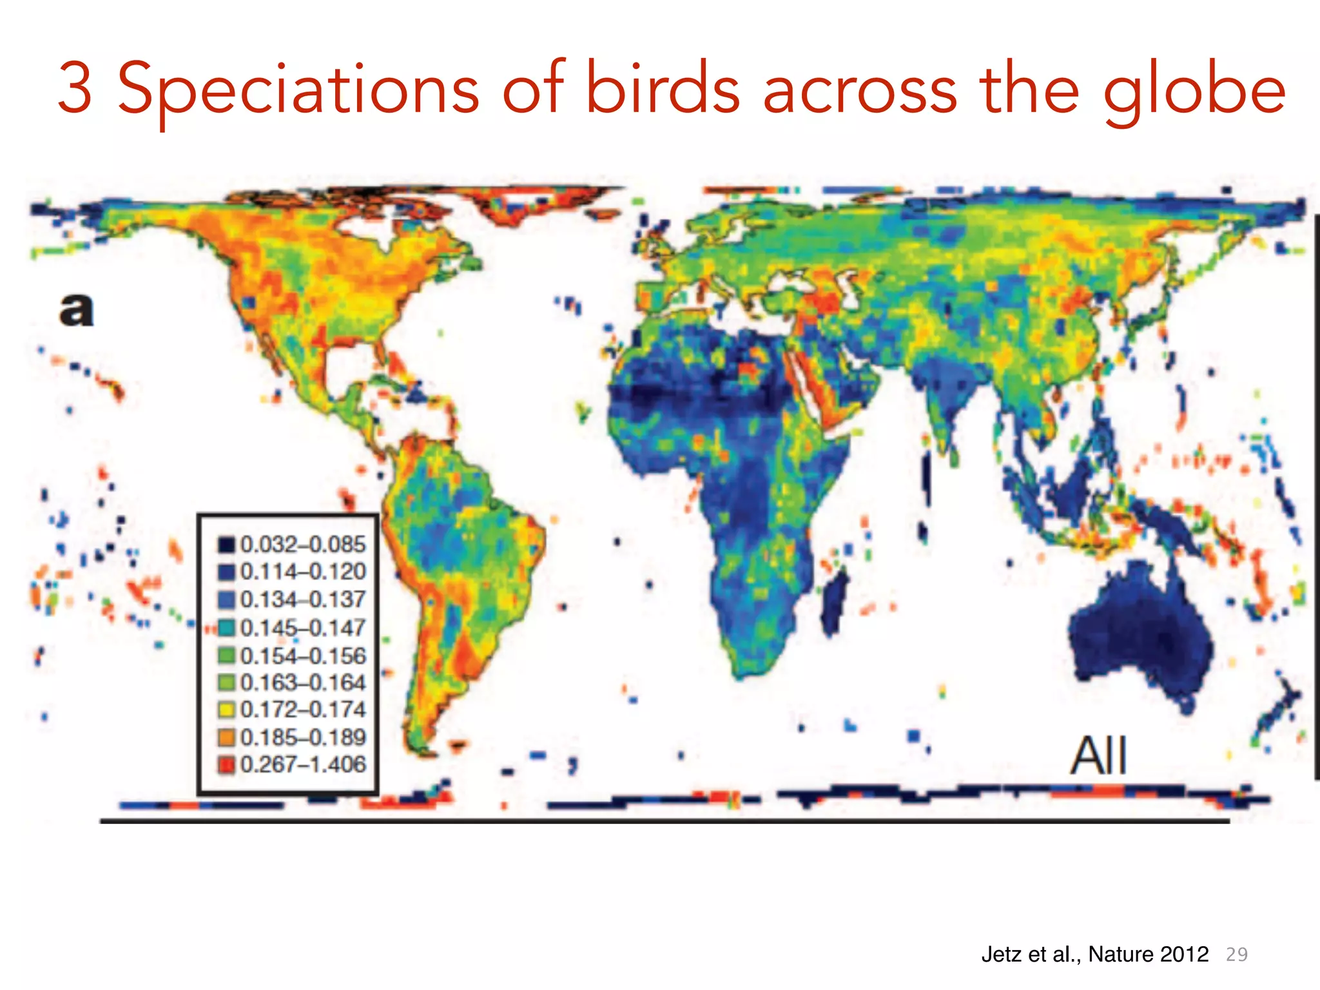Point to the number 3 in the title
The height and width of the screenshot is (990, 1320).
[75, 89]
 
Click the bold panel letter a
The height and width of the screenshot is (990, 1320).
[77, 310]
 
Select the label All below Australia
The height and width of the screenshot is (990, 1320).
[1098, 756]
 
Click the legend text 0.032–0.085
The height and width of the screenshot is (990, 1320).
[302, 545]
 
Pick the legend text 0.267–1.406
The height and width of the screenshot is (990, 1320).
[302, 764]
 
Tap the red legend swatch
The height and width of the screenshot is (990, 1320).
[226, 765]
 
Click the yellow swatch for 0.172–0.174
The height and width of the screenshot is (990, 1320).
[226, 710]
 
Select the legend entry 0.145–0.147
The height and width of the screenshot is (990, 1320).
[302, 627]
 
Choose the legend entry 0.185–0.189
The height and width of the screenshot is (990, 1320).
[302, 737]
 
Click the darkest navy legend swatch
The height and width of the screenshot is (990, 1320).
[226, 545]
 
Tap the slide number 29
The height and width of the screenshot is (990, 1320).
[1236, 955]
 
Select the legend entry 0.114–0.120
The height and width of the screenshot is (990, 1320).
[302, 572]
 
